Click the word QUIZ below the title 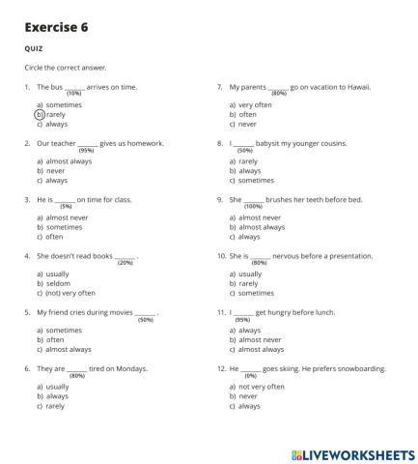pyautogui.click(x=33, y=49)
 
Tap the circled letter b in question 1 pyautogui.click(x=40, y=114)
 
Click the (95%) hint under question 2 pyautogui.click(x=86, y=150)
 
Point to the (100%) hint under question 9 pyautogui.click(x=253, y=207)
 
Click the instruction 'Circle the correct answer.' pyautogui.click(x=66, y=68)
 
